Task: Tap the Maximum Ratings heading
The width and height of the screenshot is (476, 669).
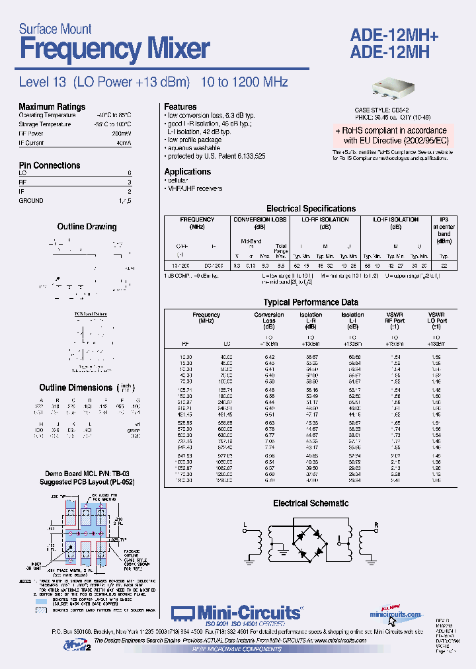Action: [52, 106]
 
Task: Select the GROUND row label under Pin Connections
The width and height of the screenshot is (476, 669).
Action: [31, 200]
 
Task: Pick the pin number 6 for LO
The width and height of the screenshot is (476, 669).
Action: [129, 173]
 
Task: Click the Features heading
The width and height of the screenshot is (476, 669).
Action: [180, 106]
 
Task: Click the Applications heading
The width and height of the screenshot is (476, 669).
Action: [187, 171]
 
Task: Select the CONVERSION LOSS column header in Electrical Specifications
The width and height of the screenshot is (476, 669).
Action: [260, 219]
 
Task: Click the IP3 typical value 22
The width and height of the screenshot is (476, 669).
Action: [444, 265]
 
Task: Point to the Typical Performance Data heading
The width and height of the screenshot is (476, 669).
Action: [310, 302]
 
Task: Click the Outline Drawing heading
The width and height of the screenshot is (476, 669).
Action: [87, 227]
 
